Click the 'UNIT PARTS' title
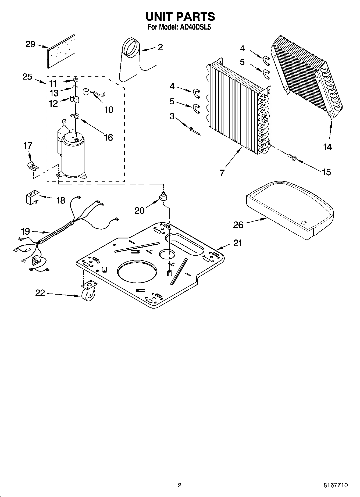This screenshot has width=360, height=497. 180,17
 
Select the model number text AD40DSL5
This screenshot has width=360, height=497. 195,27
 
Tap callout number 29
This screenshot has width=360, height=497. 30,44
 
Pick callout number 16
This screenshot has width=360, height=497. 108,138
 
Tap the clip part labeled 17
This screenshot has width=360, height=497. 32,166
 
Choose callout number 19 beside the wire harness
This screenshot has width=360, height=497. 26,231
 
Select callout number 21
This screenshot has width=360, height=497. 238,243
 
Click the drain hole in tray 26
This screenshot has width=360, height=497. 304,223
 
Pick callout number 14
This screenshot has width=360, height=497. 327,147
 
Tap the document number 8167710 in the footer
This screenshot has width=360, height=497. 336,485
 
